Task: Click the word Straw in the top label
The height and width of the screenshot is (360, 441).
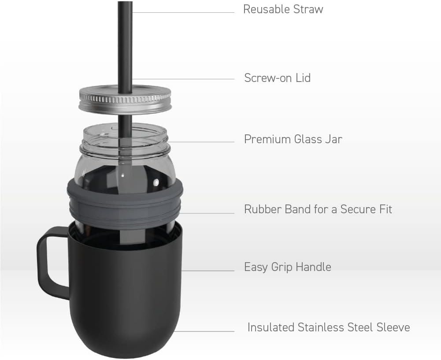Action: pyautogui.click(x=308, y=9)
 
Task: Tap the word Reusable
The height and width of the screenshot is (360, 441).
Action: pyautogui.click(x=267, y=9)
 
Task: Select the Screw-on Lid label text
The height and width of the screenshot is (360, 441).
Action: pyautogui.click(x=277, y=78)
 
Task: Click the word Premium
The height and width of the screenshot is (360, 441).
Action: pyautogui.click(x=267, y=139)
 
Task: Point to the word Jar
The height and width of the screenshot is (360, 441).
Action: pyautogui.click(x=334, y=139)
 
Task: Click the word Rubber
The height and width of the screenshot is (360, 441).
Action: pyautogui.click(x=263, y=209)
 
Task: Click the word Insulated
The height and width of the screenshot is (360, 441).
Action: pyautogui.click(x=271, y=327)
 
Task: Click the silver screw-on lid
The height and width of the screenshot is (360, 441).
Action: pyautogui.click(x=125, y=100)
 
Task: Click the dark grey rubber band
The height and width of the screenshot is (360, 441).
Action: pyautogui.click(x=125, y=200)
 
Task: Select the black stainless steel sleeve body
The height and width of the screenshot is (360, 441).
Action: pyautogui.click(x=125, y=289)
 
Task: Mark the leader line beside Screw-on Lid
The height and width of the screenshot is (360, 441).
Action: pyautogui.click(x=183, y=79)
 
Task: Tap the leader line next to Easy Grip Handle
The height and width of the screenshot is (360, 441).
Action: pyautogui.click(x=208, y=271)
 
